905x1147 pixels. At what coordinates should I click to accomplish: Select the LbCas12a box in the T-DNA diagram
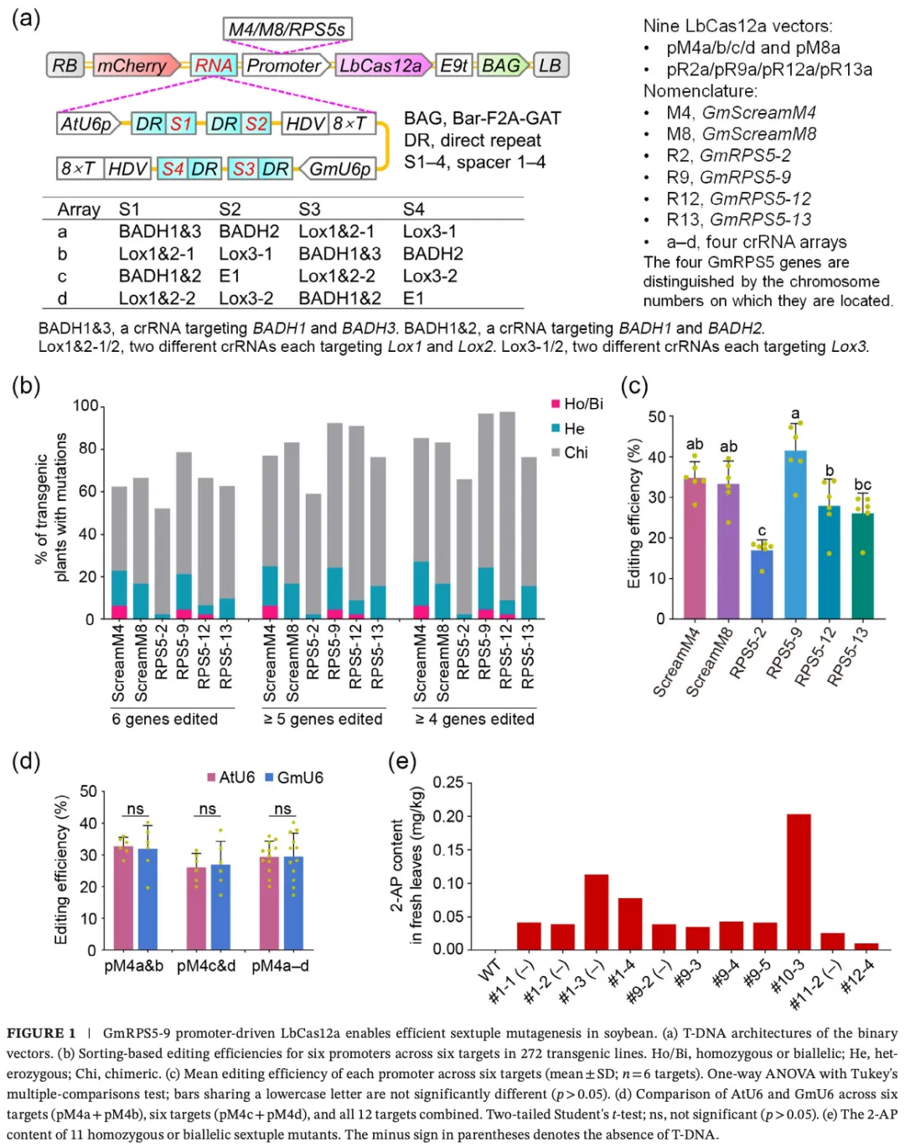[382, 65]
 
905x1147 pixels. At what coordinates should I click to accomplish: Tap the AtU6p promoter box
[87, 124]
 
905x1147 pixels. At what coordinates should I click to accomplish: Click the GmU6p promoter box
[339, 168]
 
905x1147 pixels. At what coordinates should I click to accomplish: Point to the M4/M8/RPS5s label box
[287, 29]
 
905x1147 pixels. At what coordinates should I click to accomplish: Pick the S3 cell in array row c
[336, 276]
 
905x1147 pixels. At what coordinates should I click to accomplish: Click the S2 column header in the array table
[230, 209]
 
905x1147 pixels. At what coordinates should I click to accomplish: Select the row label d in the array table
[62, 298]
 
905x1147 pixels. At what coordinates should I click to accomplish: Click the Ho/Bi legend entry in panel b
[577, 404]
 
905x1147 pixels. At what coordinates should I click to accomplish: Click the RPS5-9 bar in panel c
[795, 535]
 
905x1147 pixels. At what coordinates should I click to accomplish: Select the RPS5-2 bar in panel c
[762, 584]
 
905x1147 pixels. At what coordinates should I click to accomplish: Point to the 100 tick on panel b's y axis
[85, 406]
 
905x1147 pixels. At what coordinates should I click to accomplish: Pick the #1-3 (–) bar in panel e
[596, 911]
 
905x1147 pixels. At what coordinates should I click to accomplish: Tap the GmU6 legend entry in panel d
[294, 778]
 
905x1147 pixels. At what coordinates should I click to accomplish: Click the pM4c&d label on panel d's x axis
[206, 966]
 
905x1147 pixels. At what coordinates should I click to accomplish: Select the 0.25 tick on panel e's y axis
[447, 783]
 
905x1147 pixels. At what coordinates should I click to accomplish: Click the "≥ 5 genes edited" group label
[323, 719]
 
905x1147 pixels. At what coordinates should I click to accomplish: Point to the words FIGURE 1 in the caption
[41, 1033]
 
